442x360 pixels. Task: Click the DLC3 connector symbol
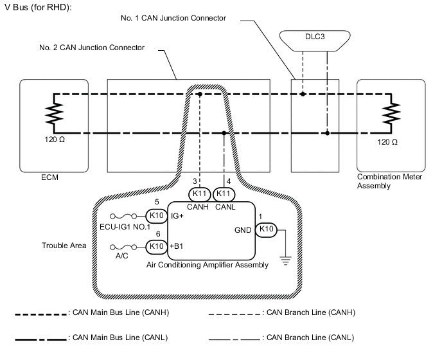(x=315, y=37)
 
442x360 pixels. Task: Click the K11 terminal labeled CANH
(x=200, y=194)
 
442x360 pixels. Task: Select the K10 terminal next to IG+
(x=157, y=216)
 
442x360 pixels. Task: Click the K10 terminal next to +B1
(x=157, y=246)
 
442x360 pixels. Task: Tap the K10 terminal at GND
(x=267, y=229)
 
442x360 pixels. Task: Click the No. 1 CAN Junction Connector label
(x=173, y=18)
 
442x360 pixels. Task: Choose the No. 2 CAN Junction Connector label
(x=92, y=48)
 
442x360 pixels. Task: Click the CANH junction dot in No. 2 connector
(x=200, y=94)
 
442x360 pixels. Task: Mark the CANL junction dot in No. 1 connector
(x=327, y=134)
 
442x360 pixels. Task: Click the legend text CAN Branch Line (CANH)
(x=310, y=312)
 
